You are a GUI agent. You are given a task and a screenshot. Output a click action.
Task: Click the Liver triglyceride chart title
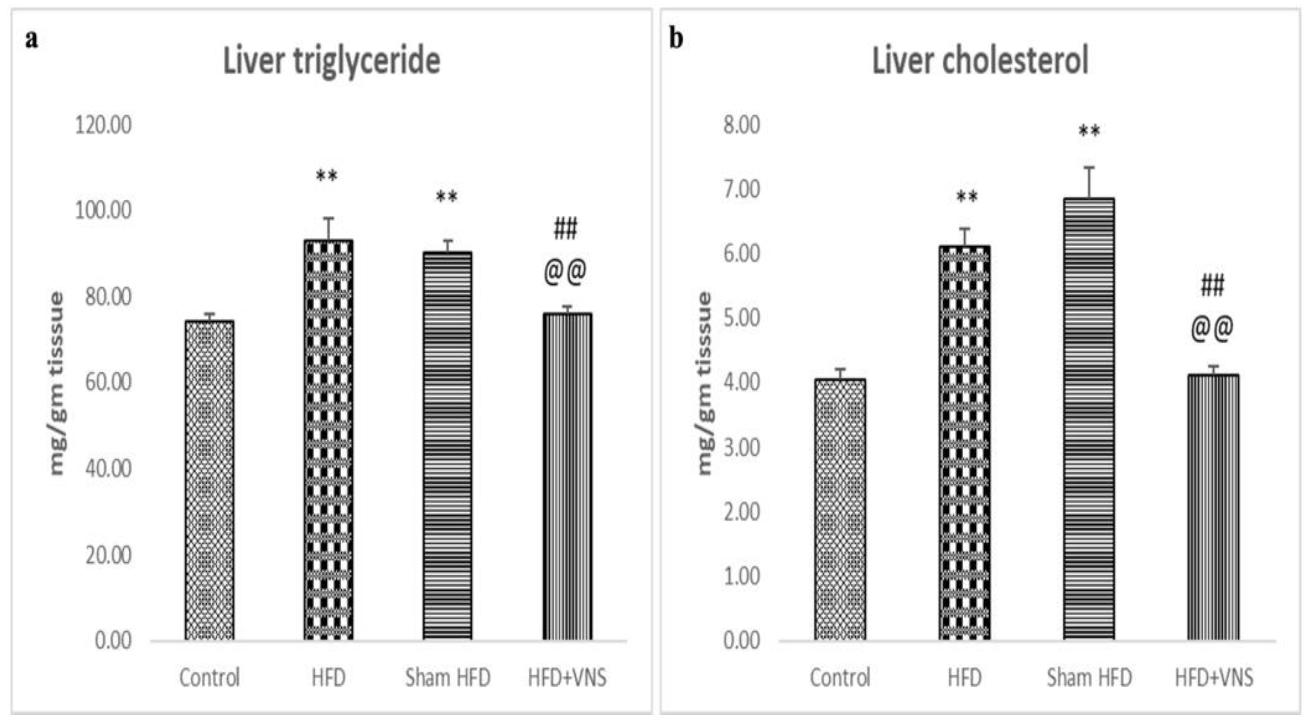(332, 61)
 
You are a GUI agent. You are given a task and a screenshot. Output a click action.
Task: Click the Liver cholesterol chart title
(980, 61)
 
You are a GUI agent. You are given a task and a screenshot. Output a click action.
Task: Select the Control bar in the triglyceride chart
(210, 480)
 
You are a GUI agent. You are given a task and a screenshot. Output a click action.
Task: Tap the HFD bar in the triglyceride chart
(328, 439)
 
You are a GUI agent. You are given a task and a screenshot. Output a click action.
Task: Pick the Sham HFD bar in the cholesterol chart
(1089, 419)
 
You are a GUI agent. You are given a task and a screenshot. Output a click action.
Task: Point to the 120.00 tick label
(103, 125)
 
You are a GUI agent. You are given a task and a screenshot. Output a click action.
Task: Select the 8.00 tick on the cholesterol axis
(742, 125)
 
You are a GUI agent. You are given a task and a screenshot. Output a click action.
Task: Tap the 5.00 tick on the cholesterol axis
(742, 318)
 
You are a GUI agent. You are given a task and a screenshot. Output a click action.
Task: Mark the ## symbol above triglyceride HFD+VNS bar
(566, 228)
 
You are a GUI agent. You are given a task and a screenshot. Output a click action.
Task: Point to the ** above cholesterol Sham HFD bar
(1089, 132)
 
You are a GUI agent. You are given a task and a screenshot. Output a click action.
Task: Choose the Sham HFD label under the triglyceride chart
(448, 678)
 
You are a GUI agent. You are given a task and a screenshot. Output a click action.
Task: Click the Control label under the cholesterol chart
(840, 678)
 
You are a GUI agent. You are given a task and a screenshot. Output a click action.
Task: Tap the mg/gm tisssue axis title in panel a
(57, 383)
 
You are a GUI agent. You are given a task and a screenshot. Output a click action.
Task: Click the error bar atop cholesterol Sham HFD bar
(1089, 182)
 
